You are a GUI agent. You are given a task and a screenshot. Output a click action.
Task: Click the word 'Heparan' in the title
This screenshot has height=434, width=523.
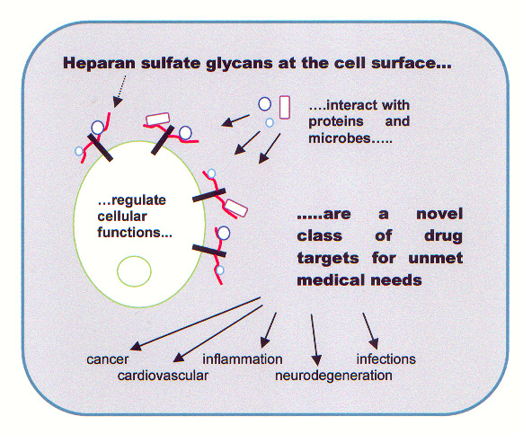(x=99, y=63)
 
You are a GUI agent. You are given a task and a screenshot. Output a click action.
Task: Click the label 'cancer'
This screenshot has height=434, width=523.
(x=108, y=359)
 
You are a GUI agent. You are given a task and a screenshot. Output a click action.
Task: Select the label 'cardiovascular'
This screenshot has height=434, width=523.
(x=163, y=376)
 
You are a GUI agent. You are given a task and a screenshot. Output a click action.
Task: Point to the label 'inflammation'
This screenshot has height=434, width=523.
(x=243, y=359)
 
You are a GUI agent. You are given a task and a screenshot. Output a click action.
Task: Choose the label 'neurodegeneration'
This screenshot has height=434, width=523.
(x=333, y=376)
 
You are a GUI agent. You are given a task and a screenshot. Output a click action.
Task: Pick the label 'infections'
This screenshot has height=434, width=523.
(x=386, y=359)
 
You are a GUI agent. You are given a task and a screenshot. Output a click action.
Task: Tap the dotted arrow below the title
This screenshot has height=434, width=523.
(x=120, y=91)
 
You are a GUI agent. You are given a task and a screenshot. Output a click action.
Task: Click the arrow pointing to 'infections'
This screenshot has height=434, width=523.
(x=370, y=331)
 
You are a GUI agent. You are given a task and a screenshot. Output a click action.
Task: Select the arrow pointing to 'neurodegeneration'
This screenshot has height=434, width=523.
(x=315, y=340)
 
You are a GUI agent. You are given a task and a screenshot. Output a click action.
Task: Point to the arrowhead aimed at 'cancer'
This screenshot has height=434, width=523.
(x=136, y=346)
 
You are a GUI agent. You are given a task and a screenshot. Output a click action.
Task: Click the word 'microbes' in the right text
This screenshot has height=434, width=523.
(x=339, y=137)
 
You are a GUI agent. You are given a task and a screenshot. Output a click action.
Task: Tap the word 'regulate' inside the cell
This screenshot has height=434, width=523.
(x=138, y=200)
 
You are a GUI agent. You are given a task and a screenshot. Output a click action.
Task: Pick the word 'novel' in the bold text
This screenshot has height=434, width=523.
(x=439, y=214)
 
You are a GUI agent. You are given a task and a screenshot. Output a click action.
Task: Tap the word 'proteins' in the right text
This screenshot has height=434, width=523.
(x=336, y=121)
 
